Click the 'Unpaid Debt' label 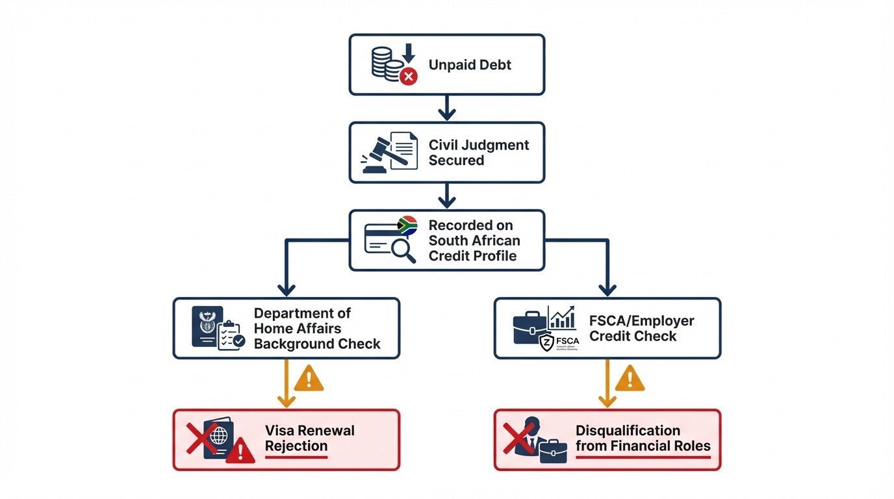[x=470, y=65]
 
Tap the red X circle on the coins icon [x=408, y=77]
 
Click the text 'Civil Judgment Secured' [x=478, y=153]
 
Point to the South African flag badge [x=407, y=226]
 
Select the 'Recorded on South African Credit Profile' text [x=474, y=240]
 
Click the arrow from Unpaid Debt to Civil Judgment [x=447, y=108]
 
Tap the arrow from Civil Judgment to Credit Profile [x=447, y=196]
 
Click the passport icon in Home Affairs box [x=207, y=326]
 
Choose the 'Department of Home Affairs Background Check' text [x=317, y=329]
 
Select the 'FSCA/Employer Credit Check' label [x=641, y=329]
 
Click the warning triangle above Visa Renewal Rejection [x=309, y=378]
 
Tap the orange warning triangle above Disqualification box [x=629, y=378]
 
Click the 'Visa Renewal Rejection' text [x=309, y=439]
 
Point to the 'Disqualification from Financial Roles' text [x=643, y=439]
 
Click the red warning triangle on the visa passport [x=240, y=450]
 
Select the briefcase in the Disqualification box [x=553, y=451]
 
